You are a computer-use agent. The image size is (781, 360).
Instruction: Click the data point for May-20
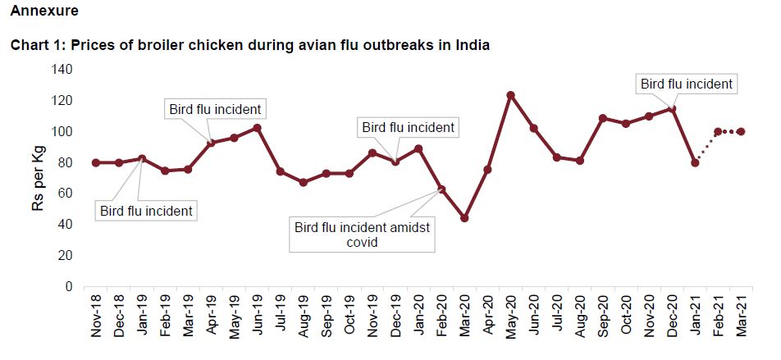pos(510,95)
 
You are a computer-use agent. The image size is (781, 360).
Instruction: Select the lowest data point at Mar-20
pos(464,218)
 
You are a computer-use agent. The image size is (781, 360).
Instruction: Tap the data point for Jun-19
pos(257,128)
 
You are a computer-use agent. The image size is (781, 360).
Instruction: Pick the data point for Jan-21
pos(695,162)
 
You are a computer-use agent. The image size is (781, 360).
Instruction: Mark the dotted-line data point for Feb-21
pos(718,131)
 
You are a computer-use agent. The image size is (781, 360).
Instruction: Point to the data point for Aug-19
pos(303,182)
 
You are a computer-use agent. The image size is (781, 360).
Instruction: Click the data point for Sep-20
pos(603,118)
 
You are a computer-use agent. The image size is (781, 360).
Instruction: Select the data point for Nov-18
pos(96,162)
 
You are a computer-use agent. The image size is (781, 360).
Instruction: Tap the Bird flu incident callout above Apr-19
pos(215,108)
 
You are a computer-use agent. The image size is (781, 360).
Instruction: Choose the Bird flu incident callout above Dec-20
pos(686,83)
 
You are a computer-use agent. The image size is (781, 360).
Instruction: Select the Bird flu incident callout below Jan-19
pos(146,211)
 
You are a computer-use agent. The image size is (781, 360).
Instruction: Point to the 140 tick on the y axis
pos(62,69)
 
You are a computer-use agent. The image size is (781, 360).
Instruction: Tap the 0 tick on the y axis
pos(69,287)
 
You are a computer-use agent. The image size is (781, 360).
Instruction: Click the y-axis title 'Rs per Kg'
pos(38,179)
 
